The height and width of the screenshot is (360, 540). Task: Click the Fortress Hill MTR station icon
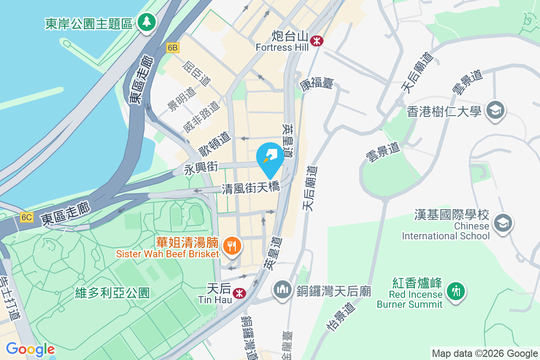click(317, 41)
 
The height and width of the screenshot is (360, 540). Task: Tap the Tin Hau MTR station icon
click(239, 293)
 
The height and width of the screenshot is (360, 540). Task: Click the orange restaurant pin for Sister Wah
click(232, 246)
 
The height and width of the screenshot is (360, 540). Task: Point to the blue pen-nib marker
click(270, 157)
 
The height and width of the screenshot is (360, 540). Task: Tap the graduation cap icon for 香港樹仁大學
click(495, 110)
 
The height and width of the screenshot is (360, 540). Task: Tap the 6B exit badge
click(172, 48)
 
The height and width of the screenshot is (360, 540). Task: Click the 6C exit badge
click(27, 217)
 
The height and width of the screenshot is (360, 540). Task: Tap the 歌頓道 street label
click(214, 143)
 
